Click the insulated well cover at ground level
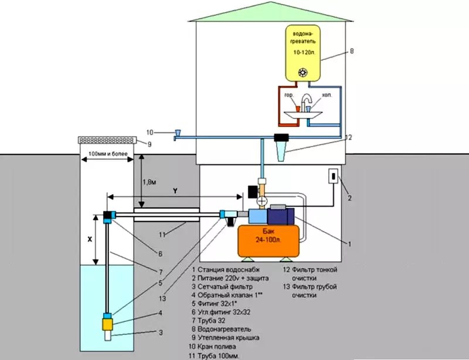(x=107, y=141)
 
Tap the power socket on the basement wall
(x=332, y=176)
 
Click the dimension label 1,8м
(x=149, y=182)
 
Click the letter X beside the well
(x=89, y=239)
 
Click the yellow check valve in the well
(x=108, y=323)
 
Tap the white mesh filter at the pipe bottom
(x=108, y=337)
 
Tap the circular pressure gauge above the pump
(x=262, y=200)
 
